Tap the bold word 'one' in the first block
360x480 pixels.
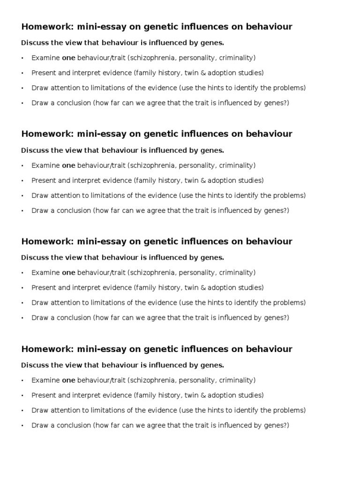(x=68, y=58)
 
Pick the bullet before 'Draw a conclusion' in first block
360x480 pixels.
(x=22, y=103)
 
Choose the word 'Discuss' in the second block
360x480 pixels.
(x=33, y=150)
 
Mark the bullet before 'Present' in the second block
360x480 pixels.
(x=22, y=180)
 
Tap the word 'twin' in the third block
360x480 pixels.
(x=200, y=288)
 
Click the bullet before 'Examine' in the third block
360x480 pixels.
(x=22, y=273)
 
